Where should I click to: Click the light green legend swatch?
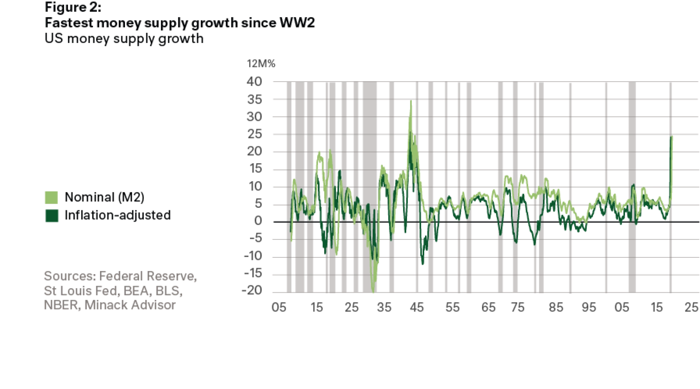51,197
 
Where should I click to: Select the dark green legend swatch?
51,215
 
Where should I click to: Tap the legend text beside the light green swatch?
104,197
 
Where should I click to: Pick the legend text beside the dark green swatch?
117,215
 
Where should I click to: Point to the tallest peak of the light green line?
412,102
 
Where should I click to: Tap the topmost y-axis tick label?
255,80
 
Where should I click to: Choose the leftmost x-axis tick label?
278,307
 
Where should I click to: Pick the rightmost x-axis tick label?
691,307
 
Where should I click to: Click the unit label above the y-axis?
261,64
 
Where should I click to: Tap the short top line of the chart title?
73,7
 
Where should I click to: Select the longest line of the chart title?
180,24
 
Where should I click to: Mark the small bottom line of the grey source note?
110,305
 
